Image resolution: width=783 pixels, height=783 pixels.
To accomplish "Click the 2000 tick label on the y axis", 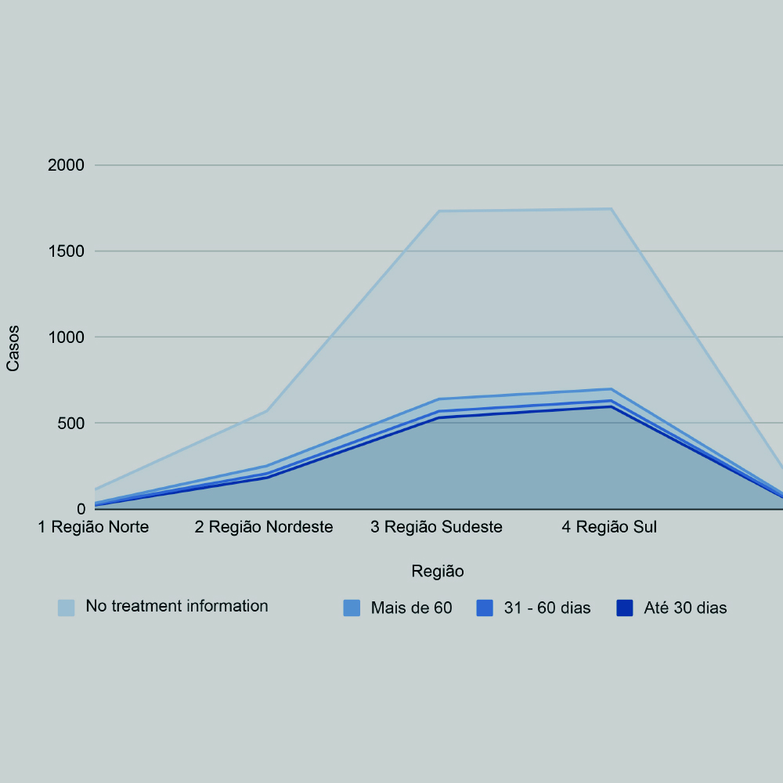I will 67,165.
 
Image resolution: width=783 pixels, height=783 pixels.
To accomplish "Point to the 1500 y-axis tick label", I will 67,251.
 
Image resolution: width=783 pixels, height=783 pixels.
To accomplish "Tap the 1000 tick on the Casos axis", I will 67,337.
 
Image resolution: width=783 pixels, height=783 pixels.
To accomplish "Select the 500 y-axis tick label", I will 73,424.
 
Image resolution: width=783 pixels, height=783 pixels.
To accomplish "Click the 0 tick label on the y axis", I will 82,510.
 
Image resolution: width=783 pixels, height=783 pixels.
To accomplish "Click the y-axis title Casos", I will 13,348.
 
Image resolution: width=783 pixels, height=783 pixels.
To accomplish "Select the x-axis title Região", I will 438,572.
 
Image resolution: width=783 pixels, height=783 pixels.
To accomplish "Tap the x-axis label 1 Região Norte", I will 94,527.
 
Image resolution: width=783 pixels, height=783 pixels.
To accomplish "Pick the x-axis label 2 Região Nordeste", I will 264,527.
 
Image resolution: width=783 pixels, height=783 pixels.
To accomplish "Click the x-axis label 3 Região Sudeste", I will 436,527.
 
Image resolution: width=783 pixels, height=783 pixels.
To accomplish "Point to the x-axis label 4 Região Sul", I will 609,527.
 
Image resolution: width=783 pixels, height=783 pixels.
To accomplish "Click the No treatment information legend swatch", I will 67,608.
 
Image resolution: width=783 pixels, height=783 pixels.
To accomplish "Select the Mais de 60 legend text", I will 411,608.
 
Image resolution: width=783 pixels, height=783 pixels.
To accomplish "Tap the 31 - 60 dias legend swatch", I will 485,608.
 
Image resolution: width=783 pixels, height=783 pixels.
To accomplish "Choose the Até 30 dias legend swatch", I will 624,608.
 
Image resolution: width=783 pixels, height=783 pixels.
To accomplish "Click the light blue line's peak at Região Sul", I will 611,209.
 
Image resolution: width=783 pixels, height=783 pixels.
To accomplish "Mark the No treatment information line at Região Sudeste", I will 438,211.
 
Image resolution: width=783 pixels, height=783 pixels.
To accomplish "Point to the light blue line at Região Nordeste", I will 266,410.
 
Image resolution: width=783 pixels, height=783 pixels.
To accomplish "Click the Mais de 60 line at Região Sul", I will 611,389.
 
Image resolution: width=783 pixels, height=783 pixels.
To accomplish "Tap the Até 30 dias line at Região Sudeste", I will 438,417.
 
